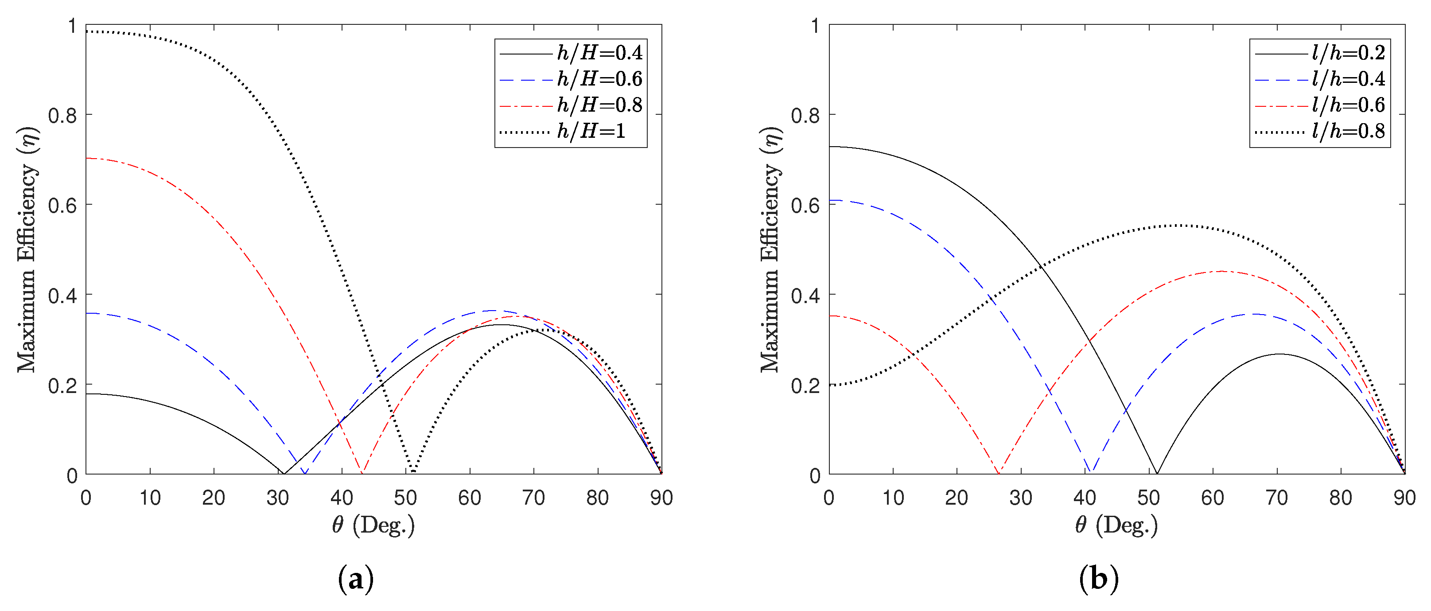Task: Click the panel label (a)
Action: [355, 580]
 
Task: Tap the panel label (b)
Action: [1098, 580]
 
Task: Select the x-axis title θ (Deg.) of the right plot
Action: [1116, 525]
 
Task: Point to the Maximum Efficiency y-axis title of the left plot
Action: [27, 250]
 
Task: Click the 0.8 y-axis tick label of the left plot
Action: [62, 116]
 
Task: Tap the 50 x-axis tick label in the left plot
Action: [405, 498]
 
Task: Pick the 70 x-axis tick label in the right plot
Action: [1276, 498]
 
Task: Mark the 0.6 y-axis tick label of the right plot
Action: [805, 206]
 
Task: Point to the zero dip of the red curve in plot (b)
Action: [999, 473]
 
